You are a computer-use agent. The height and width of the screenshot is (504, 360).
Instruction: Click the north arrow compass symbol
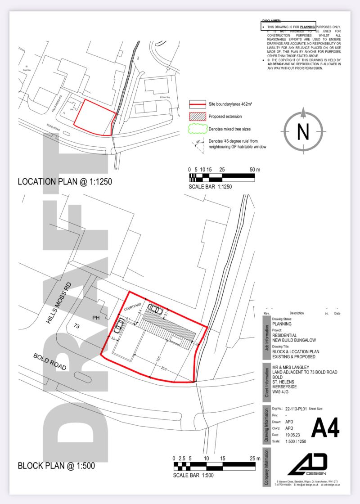303,131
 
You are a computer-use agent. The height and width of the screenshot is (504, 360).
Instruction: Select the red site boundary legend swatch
197,104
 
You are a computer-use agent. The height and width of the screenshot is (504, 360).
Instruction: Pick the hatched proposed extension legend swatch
197,117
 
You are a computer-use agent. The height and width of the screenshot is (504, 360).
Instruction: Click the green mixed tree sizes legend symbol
197,129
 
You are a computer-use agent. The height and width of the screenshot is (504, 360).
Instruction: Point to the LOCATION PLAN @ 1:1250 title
64,182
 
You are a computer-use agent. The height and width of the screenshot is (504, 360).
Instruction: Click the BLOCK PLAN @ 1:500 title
56,466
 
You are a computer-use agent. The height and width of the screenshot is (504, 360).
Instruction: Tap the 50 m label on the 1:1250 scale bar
255,170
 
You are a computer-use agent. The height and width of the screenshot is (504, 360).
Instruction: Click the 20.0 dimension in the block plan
163,369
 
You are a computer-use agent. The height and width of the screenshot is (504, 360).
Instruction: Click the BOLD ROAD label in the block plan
50,361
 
